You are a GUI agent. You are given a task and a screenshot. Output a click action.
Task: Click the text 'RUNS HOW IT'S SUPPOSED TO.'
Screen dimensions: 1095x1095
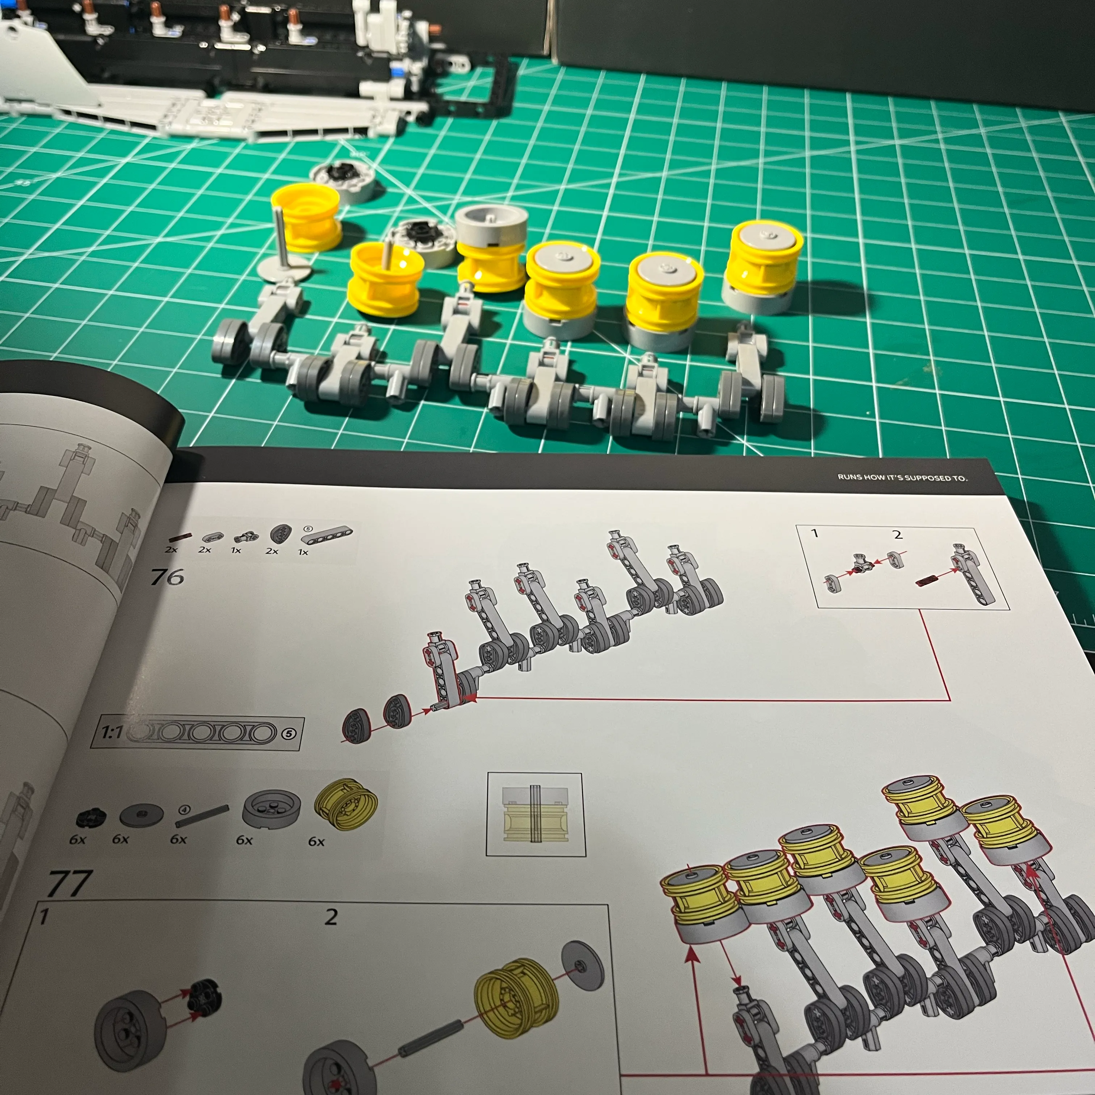(x=902, y=477)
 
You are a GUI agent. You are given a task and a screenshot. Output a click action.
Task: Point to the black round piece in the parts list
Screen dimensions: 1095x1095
(x=90, y=818)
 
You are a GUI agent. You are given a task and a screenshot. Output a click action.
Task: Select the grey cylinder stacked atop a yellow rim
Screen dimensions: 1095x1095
(x=491, y=226)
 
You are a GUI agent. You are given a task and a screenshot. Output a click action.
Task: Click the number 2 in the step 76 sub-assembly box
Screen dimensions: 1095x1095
(x=897, y=534)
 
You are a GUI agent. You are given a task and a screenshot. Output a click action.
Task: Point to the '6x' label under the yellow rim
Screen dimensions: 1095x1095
(x=316, y=842)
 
